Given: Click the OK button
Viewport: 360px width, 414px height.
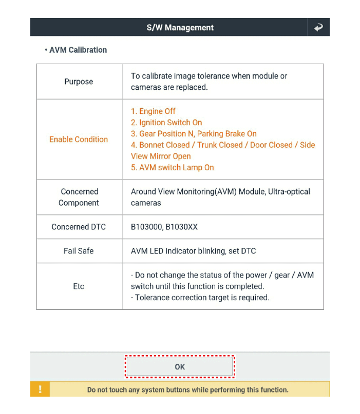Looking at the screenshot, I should coord(180,367).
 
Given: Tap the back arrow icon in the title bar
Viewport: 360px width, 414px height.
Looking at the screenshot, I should coord(318,28).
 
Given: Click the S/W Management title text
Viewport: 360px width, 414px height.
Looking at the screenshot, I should coord(180,28).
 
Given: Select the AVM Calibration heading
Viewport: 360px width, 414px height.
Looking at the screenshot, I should coord(78,50).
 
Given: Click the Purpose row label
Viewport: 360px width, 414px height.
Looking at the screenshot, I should coord(79,82).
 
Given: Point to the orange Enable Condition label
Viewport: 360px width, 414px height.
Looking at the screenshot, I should coord(79,139).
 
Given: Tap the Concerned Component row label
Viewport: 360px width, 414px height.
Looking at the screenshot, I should coord(79,197).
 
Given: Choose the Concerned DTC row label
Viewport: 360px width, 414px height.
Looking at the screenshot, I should coord(79,227).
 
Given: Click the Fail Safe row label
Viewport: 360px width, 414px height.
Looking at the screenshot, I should coord(79,251).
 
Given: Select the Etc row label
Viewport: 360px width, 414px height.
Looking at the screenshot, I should coord(79,286).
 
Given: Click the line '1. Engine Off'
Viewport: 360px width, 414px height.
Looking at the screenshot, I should coord(153,111).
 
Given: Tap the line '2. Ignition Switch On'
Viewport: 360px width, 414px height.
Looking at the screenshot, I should coord(166,123).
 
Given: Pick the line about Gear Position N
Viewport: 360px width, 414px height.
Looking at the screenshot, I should coord(194,134).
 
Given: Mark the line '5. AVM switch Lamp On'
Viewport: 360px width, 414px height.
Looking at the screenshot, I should coord(173,168).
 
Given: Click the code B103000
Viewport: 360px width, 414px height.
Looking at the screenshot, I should coord(146,227).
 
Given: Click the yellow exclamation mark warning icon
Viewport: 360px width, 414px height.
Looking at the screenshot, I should coord(40,389).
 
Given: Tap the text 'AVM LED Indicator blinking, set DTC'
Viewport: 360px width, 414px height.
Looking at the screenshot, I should coord(193,251).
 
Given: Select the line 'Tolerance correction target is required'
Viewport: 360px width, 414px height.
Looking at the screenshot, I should coord(200,298).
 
